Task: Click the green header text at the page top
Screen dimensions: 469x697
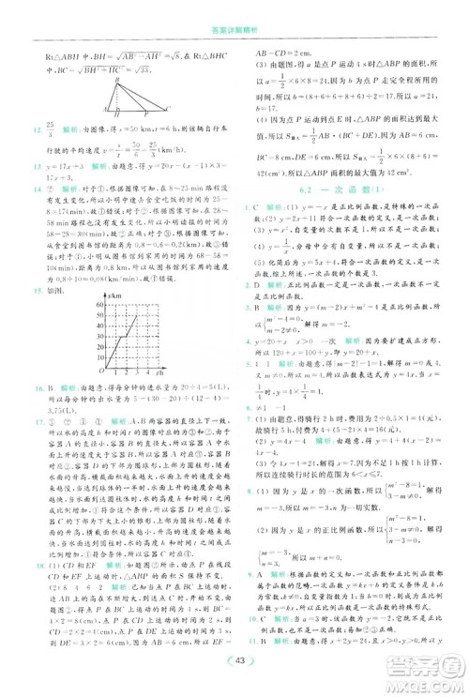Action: tap(234, 10)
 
